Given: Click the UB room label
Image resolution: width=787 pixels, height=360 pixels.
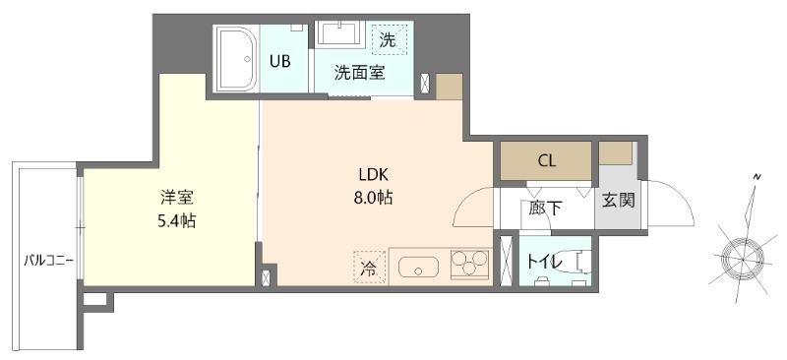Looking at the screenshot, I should pos(280,61).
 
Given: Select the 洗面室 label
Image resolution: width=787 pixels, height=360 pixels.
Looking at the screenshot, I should pos(359,72).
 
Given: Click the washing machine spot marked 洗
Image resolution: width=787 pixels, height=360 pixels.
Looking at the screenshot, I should pos(389,41).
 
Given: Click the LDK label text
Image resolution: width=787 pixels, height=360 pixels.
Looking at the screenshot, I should pos(374,176).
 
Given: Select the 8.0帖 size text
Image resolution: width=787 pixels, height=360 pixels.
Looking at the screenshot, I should pos(374,198).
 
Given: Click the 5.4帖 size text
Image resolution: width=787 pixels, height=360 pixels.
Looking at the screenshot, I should pos(178,220).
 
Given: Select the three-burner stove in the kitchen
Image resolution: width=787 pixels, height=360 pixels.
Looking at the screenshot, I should pos(468,266).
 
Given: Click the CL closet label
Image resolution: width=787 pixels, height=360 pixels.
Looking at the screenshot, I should pos(546,160).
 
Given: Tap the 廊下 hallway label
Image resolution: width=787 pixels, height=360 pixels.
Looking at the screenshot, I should pos(545,208).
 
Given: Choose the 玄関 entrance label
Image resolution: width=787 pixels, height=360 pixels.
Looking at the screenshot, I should pos(618,201).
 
